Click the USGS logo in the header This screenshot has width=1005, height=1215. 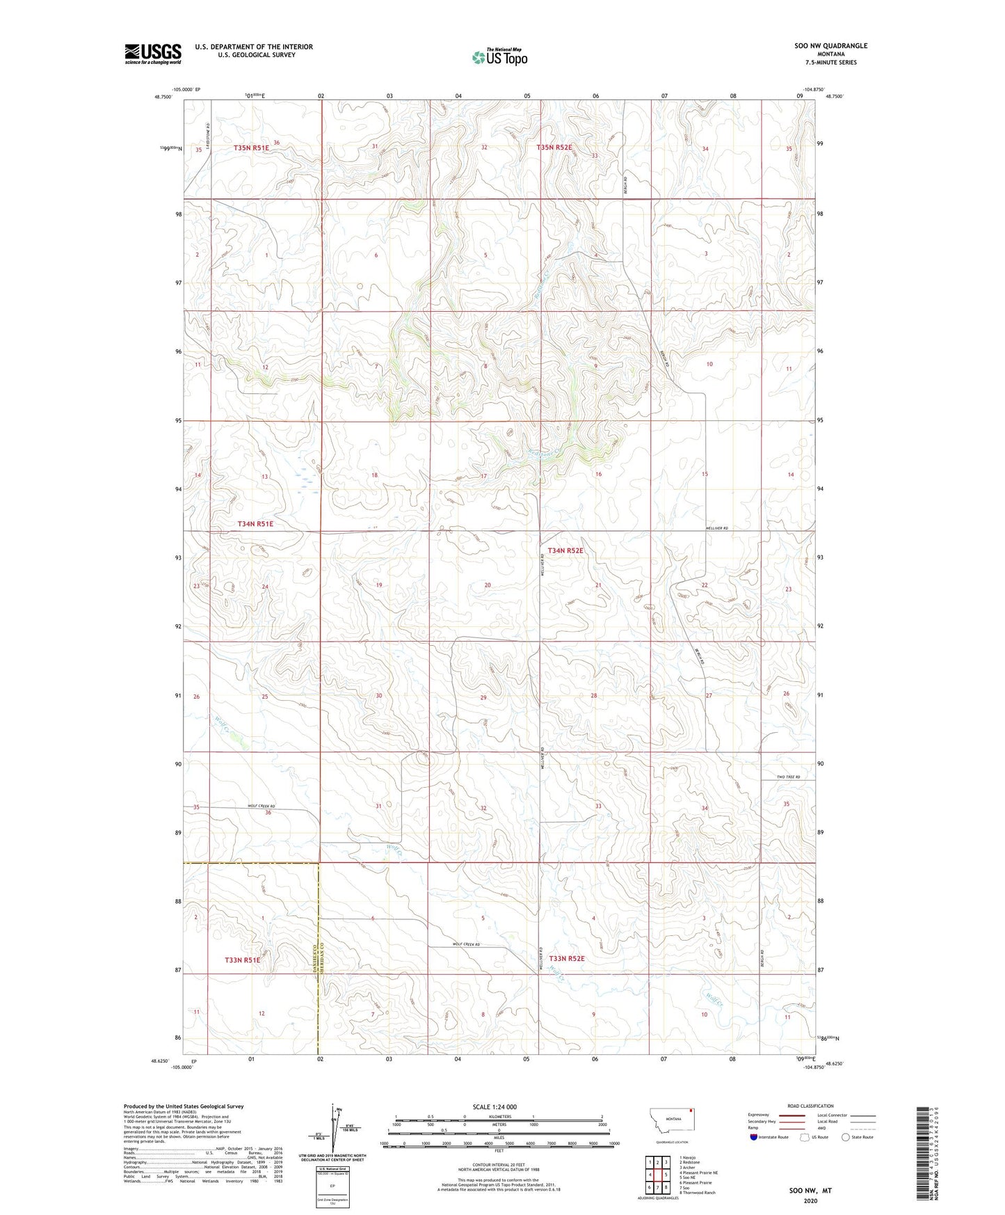point(153,54)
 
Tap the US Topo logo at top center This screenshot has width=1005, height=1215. point(499,57)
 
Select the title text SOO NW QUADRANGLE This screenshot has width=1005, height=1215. point(830,46)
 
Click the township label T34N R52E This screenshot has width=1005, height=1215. point(565,550)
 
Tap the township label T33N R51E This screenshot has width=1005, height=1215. point(242,960)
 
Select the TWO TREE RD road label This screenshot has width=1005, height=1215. point(788,777)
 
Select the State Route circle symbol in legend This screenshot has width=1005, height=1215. point(846,1136)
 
